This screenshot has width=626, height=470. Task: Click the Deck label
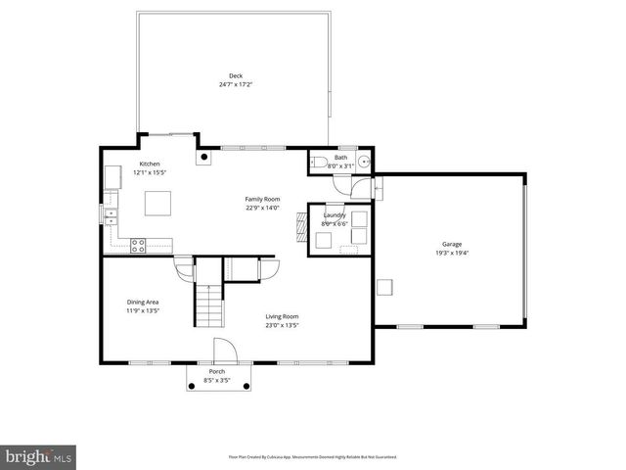click(x=236, y=75)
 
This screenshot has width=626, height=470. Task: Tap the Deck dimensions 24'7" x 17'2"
click(x=236, y=84)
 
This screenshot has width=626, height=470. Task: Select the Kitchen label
click(x=150, y=164)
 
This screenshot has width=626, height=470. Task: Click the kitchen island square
click(x=158, y=202)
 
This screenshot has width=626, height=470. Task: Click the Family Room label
click(x=262, y=199)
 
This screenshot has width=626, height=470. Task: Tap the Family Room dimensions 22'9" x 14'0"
click(x=262, y=208)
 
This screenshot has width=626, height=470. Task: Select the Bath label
click(x=340, y=157)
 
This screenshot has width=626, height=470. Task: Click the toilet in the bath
click(x=319, y=164)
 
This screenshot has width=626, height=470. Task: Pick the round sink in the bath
click(x=364, y=163)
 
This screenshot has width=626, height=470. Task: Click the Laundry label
click(x=335, y=215)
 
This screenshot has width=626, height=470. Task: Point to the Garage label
click(x=451, y=244)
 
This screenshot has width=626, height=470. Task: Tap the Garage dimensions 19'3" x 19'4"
click(x=451, y=253)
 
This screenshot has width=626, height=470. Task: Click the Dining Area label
click(x=143, y=302)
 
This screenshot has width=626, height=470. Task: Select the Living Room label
click(x=283, y=316)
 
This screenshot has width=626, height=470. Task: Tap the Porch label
click(x=215, y=372)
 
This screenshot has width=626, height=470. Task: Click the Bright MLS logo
click(x=39, y=456)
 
